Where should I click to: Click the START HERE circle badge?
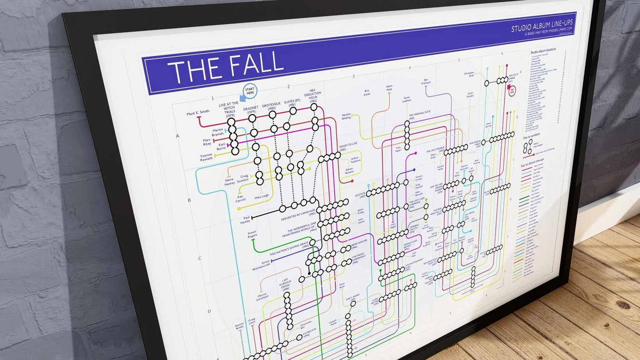(250, 91)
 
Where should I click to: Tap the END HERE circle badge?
(512, 90)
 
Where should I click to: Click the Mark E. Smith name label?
(198, 113)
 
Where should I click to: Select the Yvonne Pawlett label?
(206, 157)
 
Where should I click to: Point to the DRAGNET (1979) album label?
(251, 110)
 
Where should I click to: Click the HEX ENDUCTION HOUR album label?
(313, 96)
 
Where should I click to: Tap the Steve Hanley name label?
(230, 182)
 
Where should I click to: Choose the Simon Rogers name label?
(252, 235)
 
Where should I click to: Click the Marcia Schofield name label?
(262, 296)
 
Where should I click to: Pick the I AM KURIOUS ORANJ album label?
(285, 285)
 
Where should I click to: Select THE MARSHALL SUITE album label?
(419, 114)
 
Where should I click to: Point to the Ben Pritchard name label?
(426, 81)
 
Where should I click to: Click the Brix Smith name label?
(367, 92)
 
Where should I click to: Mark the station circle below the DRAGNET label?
(253, 118)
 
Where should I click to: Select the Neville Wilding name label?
(346, 116)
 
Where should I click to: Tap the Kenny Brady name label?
(239, 325)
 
